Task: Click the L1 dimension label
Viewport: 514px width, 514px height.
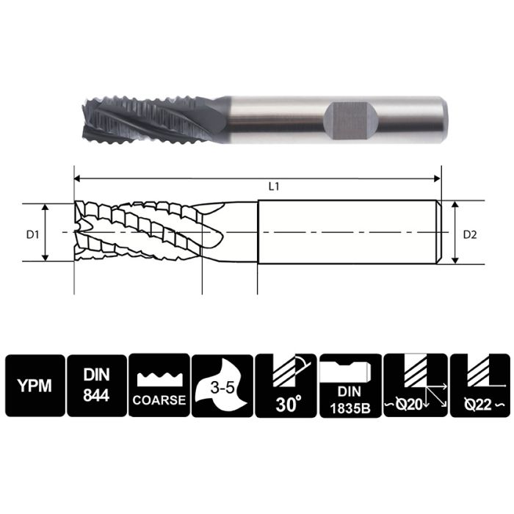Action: [x=273, y=187]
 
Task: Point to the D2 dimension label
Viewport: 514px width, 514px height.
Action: [x=471, y=235]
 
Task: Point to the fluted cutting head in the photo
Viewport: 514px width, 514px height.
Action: [x=140, y=117]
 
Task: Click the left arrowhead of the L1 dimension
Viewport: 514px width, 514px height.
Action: [x=77, y=177]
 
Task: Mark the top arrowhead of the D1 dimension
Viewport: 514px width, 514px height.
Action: [x=46, y=208]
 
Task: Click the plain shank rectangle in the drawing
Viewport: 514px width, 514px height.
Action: [x=349, y=233]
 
